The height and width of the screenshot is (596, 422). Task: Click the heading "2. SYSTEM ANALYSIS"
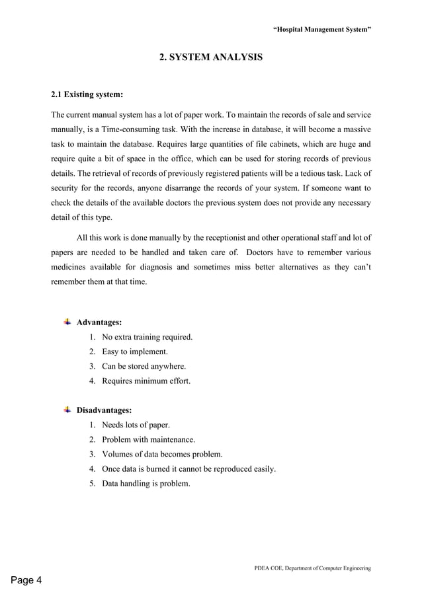click(211, 58)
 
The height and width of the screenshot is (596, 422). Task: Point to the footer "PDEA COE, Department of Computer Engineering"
click(312, 568)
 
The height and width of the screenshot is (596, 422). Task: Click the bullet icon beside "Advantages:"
click(67, 322)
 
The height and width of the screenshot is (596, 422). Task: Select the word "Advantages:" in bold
click(99, 323)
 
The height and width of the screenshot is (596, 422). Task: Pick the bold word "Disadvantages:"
click(105, 410)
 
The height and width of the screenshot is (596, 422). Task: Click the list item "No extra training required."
click(147, 338)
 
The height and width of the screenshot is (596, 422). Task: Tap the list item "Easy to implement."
click(135, 352)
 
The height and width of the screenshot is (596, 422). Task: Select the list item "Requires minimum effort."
click(146, 381)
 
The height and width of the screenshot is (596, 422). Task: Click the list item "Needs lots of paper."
click(136, 425)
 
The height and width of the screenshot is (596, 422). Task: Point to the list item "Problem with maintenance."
click(148, 439)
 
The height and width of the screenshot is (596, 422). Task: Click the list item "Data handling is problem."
click(146, 483)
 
